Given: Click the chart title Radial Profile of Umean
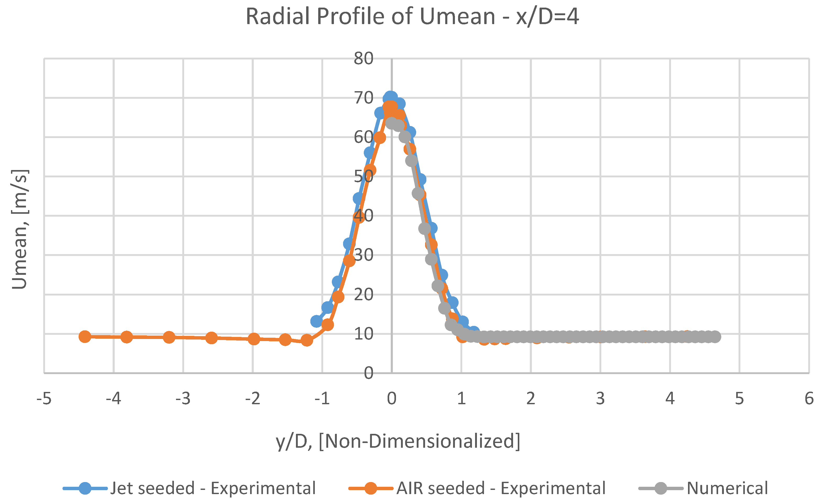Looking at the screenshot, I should (x=412, y=17).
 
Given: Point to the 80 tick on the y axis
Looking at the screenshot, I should (x=364, y=59).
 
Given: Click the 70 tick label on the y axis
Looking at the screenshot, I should (x=364, y=98).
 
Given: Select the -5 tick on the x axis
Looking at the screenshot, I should (x=44, y=398).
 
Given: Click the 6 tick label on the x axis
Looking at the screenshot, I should (x=809, y=398).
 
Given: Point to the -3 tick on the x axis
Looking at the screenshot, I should (x=183, y=398).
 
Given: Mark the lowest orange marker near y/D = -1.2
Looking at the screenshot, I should (x=306, y=340).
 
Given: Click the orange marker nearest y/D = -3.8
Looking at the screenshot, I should (x=126, y=337).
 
